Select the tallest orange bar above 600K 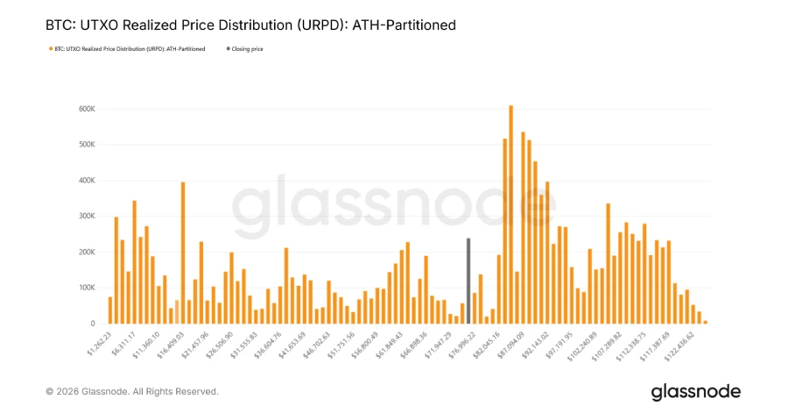pos(510,215)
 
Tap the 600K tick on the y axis pos(87,109)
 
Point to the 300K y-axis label pos(87,216)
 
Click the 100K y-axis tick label pos(87,288)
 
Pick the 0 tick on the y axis pos(93,324)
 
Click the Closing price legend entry pos(247,49)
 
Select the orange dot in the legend pos(50,49)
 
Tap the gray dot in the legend pos(229,49)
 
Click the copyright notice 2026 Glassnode pos(131,391)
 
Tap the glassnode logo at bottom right pos(695,391)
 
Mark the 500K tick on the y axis pos(87,144)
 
